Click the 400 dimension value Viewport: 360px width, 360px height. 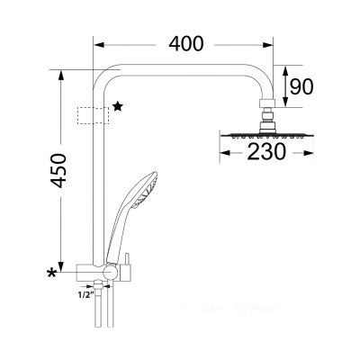[186, 44]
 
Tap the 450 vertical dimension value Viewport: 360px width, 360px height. [58, 170]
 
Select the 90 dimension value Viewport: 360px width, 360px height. [301, 87]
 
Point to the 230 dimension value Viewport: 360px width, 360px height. [266, 152]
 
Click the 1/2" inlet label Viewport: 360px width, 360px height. [85, 295]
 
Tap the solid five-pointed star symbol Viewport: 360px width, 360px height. [118, 106]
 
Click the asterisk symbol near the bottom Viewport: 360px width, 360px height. [52, 274]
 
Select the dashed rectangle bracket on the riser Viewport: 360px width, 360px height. [94, 115]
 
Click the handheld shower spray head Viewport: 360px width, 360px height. [146, 190]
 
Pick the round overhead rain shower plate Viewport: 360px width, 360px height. [266, 136]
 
